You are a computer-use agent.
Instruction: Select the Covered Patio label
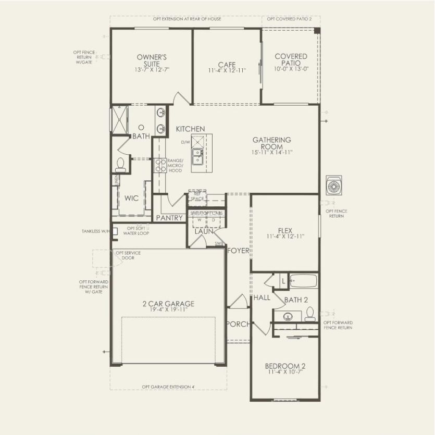coord(291,59)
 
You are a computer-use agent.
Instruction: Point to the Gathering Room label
coord(271,143)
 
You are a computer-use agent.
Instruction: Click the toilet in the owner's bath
coord(121,165)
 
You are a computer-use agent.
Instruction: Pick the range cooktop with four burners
coord(160,166)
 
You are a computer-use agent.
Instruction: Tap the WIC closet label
coord(131,198)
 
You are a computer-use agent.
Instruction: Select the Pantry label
coord(170,218)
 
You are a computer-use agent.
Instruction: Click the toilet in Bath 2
coord(310,313)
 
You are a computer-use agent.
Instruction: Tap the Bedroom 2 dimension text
coord(284,372)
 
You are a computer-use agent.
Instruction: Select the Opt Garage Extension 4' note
coord(169,387)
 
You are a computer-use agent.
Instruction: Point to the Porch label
coord(238,324)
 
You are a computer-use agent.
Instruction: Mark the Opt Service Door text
coord(128,255)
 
